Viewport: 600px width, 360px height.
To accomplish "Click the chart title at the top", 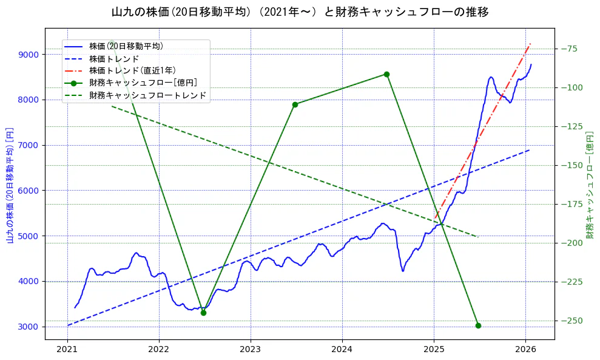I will pos(300,12).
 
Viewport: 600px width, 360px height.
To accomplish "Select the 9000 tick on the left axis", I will pos(29,55).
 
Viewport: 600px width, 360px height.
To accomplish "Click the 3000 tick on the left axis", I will pos(29,327).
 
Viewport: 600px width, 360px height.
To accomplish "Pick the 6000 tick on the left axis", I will pos(29,191).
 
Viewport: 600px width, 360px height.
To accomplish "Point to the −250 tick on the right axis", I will pos(571,321).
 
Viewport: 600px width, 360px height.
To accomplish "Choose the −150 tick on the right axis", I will pos(571,165).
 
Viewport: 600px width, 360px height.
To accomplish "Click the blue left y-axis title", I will pos(10,185).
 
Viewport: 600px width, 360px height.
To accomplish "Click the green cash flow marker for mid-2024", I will pos(386,74).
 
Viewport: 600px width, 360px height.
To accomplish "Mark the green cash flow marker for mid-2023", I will pos(295,104).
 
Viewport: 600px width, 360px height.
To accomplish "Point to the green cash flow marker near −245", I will pos(203,313).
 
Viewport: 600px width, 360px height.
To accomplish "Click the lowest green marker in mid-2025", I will pos(478,325).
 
